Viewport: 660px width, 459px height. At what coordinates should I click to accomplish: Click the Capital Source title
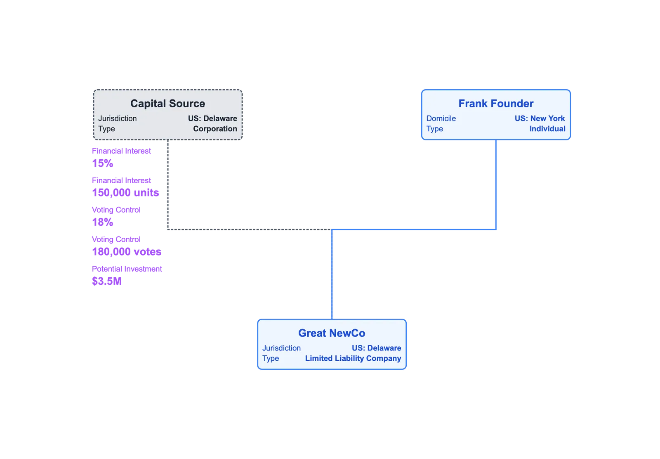[167, 104]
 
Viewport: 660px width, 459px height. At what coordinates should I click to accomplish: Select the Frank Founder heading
[496, 104]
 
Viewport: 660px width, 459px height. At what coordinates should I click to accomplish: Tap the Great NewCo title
[332, 333]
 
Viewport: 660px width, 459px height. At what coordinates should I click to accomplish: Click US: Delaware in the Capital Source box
[212, 118]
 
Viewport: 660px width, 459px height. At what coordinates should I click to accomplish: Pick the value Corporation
[215, 129]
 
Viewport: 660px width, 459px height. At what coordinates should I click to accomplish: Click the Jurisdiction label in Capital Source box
[118, 118]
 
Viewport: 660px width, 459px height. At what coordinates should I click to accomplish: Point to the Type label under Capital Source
[107, 129]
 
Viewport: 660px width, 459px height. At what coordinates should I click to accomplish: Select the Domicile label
[441, 118]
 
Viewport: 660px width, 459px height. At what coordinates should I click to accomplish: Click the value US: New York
[540, 118]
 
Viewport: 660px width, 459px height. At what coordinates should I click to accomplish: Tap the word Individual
[547, 129]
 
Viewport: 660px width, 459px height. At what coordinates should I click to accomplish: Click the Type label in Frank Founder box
[435, 129]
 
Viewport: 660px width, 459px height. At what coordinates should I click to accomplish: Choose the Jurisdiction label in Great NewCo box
[282, 348]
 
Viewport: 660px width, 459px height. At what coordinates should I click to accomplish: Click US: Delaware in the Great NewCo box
[376, 348]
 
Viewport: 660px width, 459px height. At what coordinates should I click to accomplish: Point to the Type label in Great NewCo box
[271, 358]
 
